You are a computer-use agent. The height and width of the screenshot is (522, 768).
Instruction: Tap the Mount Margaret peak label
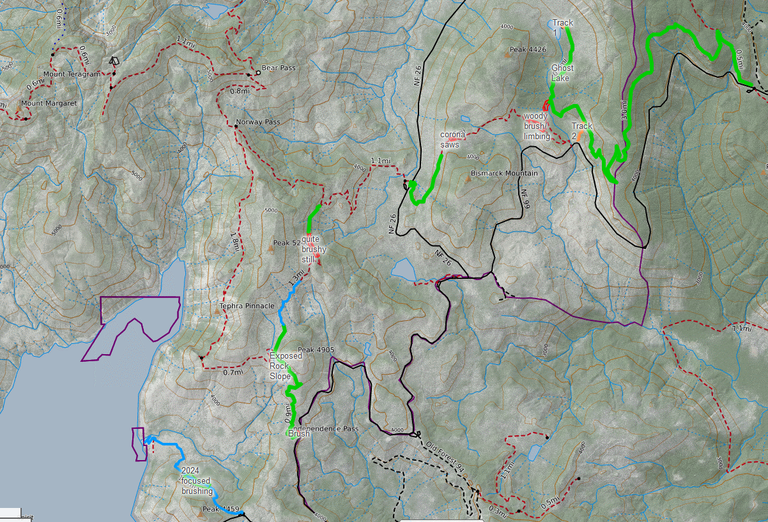(x=49, y=103)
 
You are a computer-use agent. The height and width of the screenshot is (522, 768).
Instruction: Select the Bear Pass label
(x=279, y=68)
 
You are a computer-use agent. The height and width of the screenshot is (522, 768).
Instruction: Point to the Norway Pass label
(x=258, y=123)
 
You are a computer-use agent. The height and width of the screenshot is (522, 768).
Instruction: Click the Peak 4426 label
(x=528, y=49)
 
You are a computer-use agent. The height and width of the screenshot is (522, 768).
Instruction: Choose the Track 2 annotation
(x=582, y=131)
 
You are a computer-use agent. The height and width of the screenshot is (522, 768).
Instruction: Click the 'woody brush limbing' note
(x=538, y=127)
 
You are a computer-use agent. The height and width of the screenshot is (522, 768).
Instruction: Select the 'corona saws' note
(x=451, y=139)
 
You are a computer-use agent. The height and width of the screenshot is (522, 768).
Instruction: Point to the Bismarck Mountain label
(x=504, y=173)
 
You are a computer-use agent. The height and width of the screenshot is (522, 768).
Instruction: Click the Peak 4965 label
(x=313, y=349)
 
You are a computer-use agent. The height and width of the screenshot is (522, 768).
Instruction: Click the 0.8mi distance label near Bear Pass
(x=239, y=91)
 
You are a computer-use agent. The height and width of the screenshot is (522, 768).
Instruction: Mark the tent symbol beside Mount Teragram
(x=114, y=59)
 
